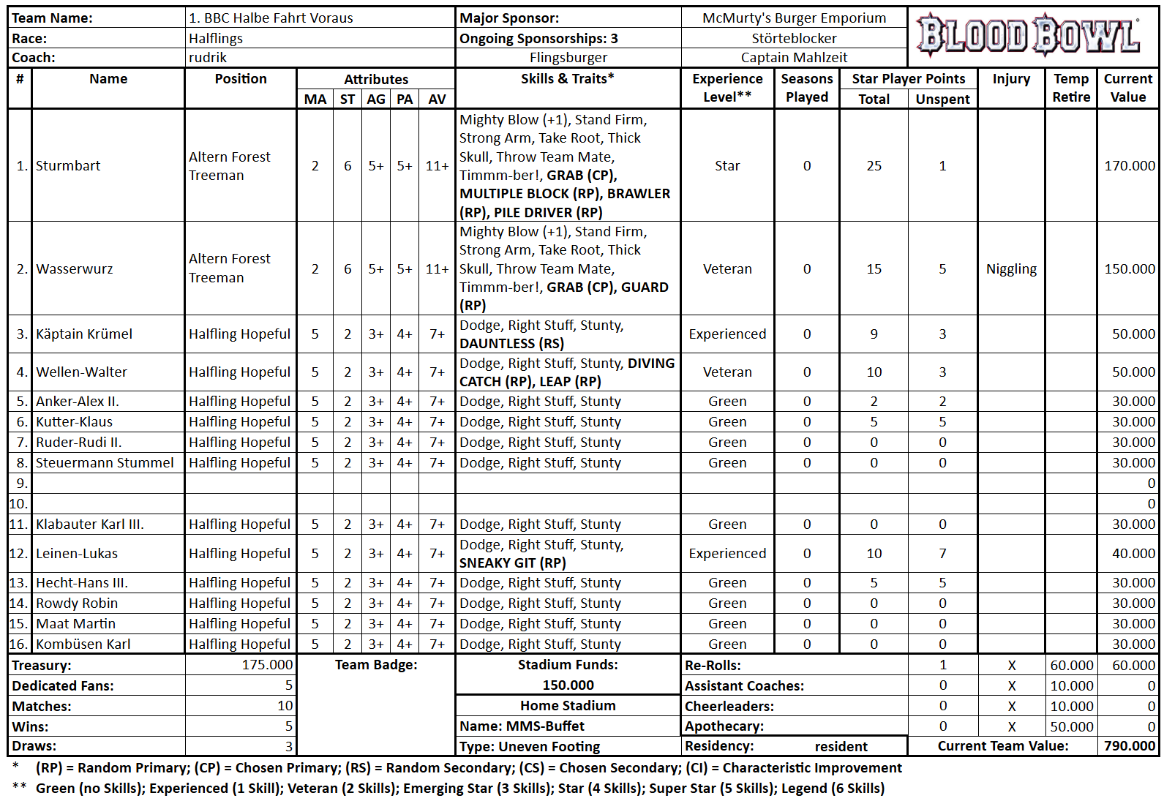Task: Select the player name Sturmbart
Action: point(68,166)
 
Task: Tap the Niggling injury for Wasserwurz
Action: point(1011,269)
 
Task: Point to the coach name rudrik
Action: point(208,58)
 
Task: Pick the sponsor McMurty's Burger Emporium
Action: point(794,18)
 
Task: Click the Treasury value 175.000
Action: point(267,665)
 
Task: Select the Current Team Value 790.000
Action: point(1130,746)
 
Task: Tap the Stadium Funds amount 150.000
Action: point(568,685)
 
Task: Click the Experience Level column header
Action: point(727,88)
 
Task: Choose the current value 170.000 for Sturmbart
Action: point(1129,166)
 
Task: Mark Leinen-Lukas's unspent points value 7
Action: point(942,554)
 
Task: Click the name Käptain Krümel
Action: point(84,334)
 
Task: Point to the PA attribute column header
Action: point(405,99)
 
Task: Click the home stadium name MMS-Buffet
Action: point(544,726)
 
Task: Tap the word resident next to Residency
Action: point(841,747)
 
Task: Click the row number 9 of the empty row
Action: point(22,484)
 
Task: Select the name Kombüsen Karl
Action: point(83,644)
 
